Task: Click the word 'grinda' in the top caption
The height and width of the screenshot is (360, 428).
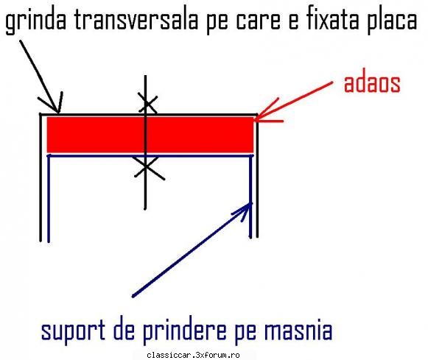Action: (36, 20)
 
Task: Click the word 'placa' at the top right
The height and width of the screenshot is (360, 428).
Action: (391, 20)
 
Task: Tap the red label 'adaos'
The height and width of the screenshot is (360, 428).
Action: (372, 83)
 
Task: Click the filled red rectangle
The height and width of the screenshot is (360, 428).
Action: (150, 135)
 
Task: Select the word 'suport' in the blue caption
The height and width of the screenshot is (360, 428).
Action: (73, 330)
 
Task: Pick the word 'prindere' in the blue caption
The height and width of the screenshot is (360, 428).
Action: (184, 330)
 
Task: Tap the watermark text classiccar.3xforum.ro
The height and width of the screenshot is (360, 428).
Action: (193, 355)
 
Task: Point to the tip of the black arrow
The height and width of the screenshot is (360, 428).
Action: (58, 112)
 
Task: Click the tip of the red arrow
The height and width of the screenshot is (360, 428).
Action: (255, 119)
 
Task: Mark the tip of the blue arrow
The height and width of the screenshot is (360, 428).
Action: (251, 203)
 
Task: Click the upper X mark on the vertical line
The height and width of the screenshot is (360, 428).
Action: (147, 103)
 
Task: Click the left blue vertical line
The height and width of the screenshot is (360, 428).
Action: (49, 199)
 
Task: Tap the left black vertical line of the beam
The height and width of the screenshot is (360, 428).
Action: (41, 177)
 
